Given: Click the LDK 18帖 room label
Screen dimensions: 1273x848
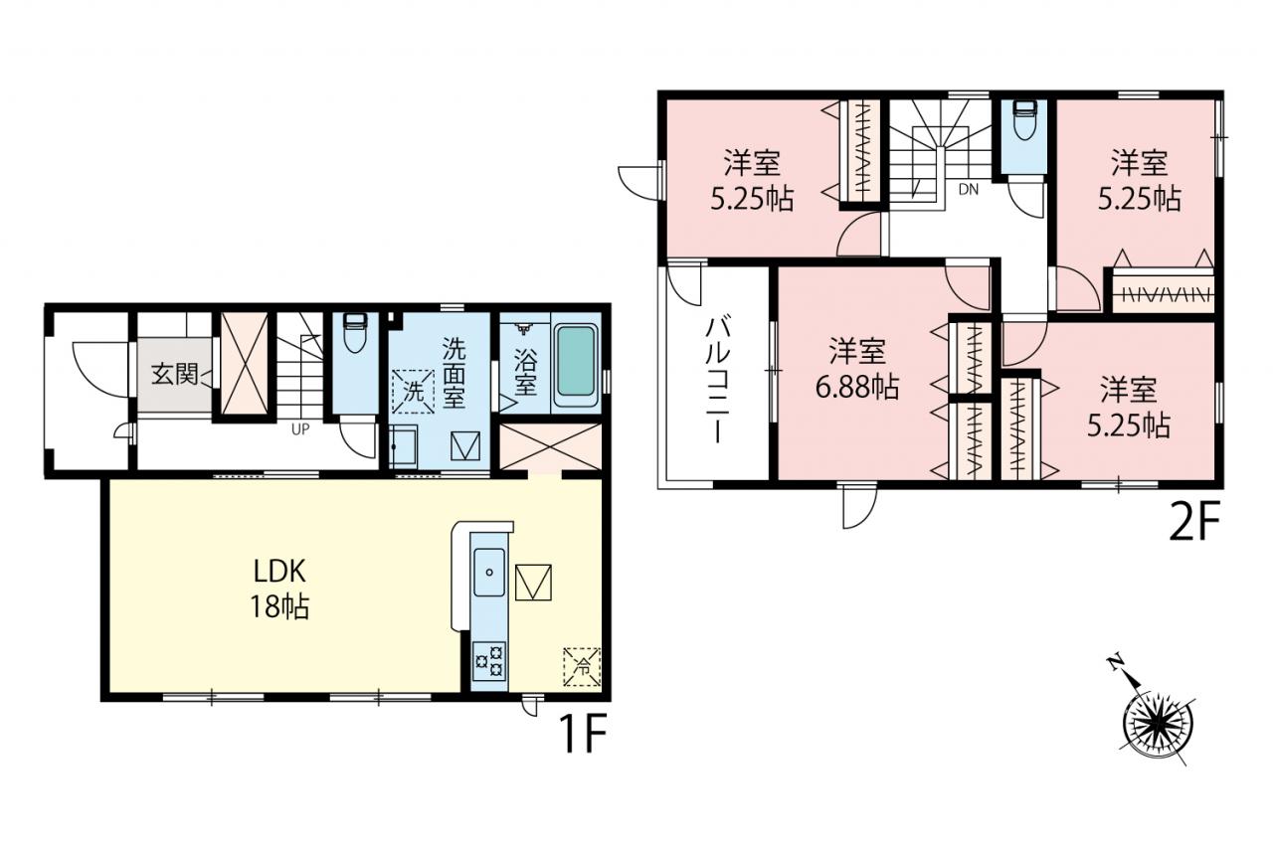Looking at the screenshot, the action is click(280, 589).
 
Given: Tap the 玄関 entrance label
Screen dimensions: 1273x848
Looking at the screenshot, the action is click(174, 375).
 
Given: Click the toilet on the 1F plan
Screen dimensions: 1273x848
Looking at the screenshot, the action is click(355, 333).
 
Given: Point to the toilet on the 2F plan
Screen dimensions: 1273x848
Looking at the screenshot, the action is click(1024, 121).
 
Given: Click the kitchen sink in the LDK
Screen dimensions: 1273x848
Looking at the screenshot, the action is click(488, 572).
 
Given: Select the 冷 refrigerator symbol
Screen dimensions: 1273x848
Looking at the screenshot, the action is click(582, 666).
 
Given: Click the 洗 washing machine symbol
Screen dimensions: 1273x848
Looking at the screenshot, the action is click(413, 392).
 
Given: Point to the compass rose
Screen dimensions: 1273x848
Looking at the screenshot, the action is click(1158, 724).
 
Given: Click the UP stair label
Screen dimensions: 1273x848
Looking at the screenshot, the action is click(300, 429).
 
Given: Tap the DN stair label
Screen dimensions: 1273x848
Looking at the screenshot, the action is click(969, 190).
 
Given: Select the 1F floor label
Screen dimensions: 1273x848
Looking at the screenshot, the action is click(584, 733).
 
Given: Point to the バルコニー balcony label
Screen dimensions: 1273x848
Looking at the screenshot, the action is click(717, 379).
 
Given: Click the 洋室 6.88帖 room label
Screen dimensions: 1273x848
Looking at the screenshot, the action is click(857, 369).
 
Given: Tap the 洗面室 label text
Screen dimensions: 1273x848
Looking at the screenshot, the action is click(454, 373).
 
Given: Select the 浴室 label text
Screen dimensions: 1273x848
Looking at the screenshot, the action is click(525, 372).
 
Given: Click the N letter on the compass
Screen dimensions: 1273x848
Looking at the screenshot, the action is click(1116, 662).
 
